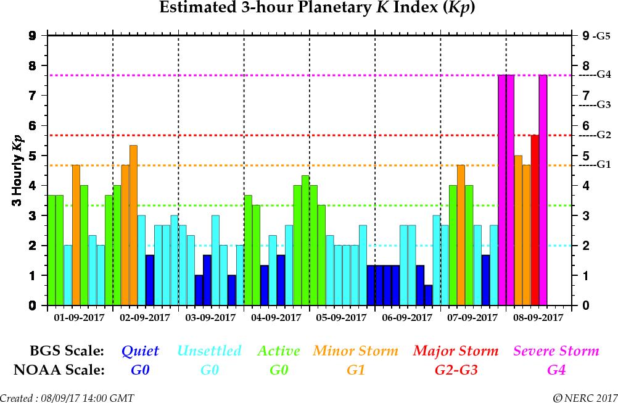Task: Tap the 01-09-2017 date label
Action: (x=80, y=318)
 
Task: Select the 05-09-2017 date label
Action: (x=342, y=318)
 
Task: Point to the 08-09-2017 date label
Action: (x=538, y=318)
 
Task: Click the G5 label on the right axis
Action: (x=601, y=36)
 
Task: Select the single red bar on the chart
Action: (x=535, y=220)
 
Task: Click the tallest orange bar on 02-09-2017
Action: (x=133, y=225)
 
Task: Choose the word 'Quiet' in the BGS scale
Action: (x=140, y=351)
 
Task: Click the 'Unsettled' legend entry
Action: (x=209, y=351)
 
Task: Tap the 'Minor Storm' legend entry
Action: (x=355, y=351)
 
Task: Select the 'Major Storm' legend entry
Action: (x=456, y=351)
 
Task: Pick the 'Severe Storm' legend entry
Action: (x=556, y=351)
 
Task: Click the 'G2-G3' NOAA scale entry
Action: (x=456, y=370)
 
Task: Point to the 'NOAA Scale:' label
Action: (x=59, y=370)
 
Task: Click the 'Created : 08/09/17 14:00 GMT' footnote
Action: (x=67, y=397)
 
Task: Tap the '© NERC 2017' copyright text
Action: (x=584, y=397)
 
